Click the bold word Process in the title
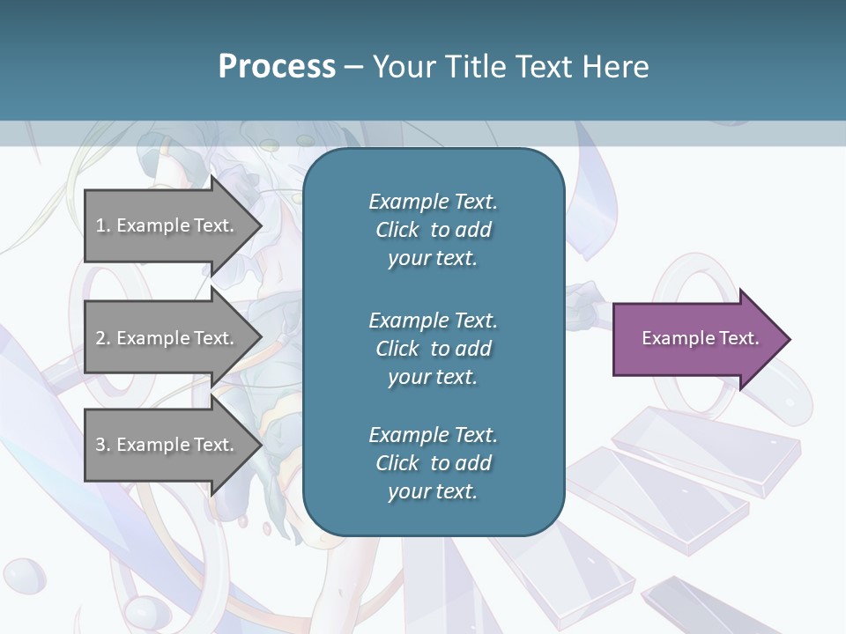point(277,67)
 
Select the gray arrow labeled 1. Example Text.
point(167,225)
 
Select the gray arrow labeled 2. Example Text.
point(167,338)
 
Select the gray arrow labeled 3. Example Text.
point(167,445)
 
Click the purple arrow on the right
point(696,339)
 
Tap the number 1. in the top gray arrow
point(103,225)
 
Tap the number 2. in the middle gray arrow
point(103,338)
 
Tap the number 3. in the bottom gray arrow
point(103,445)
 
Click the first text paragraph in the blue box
point(433,230)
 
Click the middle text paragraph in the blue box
point(433,349)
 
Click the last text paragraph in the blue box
point(433,463)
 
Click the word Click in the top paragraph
point(397,230)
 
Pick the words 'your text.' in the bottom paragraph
point(433,492)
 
